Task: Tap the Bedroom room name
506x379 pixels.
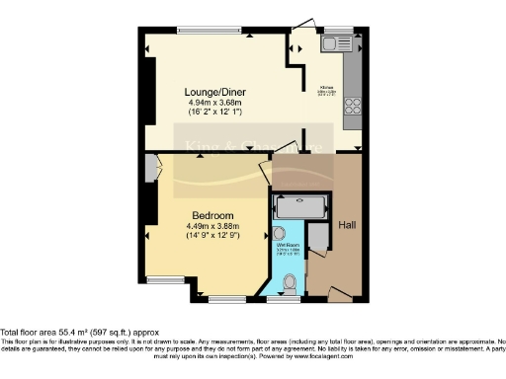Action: click(x=212, y=216)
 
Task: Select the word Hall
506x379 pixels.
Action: click(x=347, y=225)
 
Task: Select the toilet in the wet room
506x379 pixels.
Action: click(x=289, y=282)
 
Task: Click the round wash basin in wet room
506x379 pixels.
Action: click(x=279, y=234)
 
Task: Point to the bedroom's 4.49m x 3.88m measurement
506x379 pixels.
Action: click(x=212, y=227)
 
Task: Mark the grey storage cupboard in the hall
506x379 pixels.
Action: click(x=318, y=237)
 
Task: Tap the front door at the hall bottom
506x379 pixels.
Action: click(x=340, y=294)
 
